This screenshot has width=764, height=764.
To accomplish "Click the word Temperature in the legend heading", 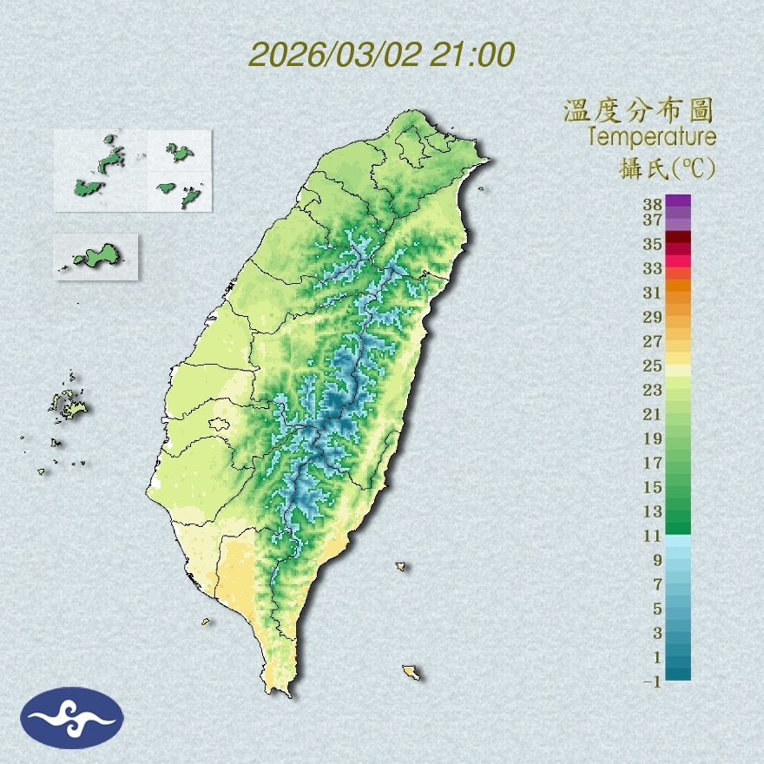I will click(652, 136).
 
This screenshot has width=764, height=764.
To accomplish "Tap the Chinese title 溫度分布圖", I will click(639, 110).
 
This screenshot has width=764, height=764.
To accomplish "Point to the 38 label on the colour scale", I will click(653, 205).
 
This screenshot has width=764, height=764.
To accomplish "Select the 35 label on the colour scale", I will click(653, 244).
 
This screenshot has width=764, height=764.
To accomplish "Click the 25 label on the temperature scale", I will click(653, 366).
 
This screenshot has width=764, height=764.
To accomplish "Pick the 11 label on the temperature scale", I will click(653, 536).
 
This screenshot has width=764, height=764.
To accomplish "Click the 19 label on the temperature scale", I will click(653, 438).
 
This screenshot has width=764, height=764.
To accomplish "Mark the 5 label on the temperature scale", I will click(656, 609).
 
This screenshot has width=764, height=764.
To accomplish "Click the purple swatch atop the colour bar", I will click(679, 201).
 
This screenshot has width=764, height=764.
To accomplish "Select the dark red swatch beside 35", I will click(679, 238).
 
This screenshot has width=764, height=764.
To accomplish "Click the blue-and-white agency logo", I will click(73, 717).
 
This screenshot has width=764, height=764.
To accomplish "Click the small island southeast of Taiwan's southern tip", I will click(411, 672).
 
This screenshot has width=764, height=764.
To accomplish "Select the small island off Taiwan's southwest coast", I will click(207, 622).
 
